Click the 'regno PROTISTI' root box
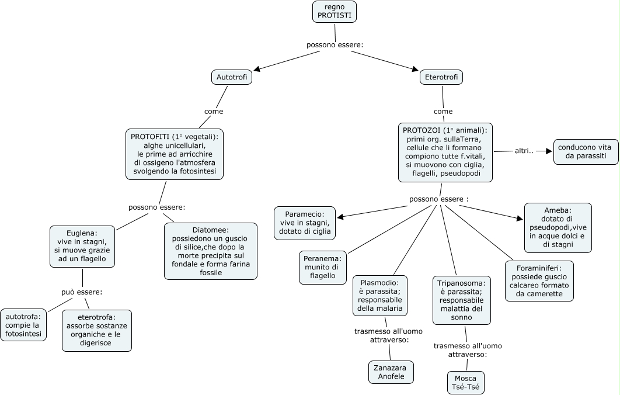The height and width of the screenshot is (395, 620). point(334,12)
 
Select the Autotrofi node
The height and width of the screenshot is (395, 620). point(231,77)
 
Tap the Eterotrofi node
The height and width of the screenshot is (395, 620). point(441,77)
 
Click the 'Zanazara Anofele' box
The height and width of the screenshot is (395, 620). point(391,372)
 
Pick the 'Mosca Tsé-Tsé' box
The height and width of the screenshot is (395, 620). point(465,383)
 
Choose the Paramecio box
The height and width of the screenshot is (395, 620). point(305,223)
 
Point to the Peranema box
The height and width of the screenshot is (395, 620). point(323,268)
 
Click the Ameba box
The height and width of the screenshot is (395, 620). point(558,227)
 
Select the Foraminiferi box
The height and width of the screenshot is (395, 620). point(539,281)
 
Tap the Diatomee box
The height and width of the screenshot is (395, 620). point(210,251)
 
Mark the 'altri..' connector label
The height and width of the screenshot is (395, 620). point(524,151)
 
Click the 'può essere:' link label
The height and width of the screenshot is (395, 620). point(82,292)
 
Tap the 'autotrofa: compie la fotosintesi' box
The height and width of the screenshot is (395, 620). point(23,324)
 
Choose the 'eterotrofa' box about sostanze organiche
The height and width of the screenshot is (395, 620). point(96,330)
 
